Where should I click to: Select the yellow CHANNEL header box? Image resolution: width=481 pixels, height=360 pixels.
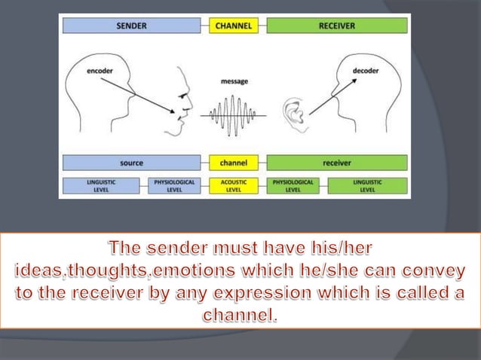click(234, 26)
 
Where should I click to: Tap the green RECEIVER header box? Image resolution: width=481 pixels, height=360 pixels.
click(336, 26)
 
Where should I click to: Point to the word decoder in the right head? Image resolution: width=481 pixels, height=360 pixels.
click(366, 71)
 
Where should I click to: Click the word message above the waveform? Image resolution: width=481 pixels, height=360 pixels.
click(234, 81)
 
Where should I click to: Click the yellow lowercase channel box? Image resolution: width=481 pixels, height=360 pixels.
click(234, 162)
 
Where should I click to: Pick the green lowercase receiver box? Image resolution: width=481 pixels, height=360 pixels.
click(336, 162)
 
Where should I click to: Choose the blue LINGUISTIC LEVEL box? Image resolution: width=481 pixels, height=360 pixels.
click(100, 185)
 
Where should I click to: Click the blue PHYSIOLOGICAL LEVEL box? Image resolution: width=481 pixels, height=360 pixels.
click(173, 185)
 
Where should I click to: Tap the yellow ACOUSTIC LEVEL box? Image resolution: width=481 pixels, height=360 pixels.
click(234, 185)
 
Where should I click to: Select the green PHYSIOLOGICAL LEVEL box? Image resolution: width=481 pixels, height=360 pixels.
click(293, 185)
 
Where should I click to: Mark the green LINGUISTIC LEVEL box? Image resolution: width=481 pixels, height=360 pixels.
click(366, 185)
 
